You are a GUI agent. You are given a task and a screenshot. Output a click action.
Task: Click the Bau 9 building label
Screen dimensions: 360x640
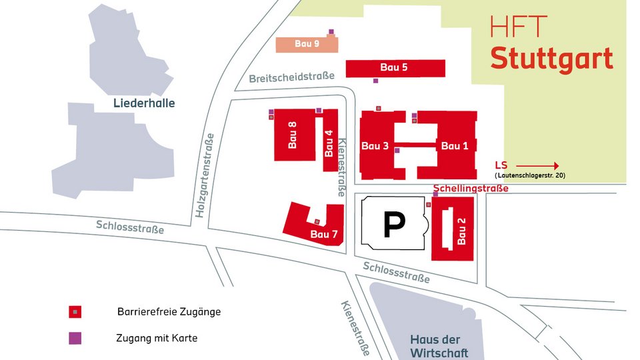click(x=307, y=44)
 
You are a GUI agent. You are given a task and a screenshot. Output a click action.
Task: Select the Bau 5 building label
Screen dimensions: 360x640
click(x=394, y=67)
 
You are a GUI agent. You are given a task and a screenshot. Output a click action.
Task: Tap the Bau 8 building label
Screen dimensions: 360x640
click(x=292, y=134)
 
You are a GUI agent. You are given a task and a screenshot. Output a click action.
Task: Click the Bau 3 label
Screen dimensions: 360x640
click(x=375, y=146)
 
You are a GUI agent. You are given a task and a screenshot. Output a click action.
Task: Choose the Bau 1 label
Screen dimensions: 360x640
click(x=455, y=146)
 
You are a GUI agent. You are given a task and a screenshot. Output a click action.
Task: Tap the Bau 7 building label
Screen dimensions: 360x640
click(x=324, y=234)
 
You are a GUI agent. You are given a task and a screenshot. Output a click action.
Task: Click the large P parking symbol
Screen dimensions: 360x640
click(x=393, y=225)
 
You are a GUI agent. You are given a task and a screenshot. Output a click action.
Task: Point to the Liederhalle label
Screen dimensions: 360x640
click(x=144, y=103)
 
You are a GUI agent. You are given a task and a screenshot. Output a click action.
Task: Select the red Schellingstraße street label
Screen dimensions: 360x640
click(x=471, y=189)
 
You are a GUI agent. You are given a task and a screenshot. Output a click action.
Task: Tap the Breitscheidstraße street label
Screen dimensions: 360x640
click(x=292, y=78)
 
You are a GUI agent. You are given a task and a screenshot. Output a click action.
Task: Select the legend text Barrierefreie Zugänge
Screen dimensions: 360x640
click(x=169, y=311)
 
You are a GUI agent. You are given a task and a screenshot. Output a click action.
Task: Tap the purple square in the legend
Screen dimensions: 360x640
click(x=75, y=338)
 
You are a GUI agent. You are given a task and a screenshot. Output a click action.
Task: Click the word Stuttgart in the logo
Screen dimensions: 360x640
click(x=551, y=58)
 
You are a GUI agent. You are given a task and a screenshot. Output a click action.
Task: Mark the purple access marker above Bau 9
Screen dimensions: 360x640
click(x=331, y=31)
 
